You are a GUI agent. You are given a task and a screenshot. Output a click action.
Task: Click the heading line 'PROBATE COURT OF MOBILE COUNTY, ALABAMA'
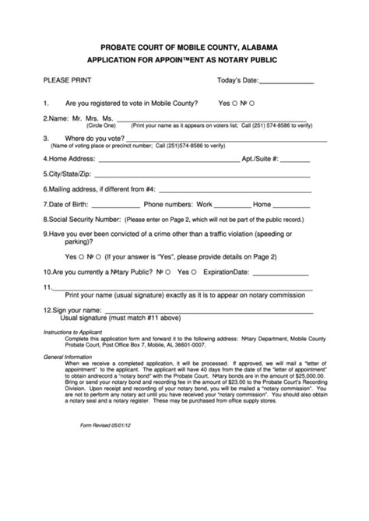184,47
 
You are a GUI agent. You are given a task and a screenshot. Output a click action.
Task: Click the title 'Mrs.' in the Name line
97,118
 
